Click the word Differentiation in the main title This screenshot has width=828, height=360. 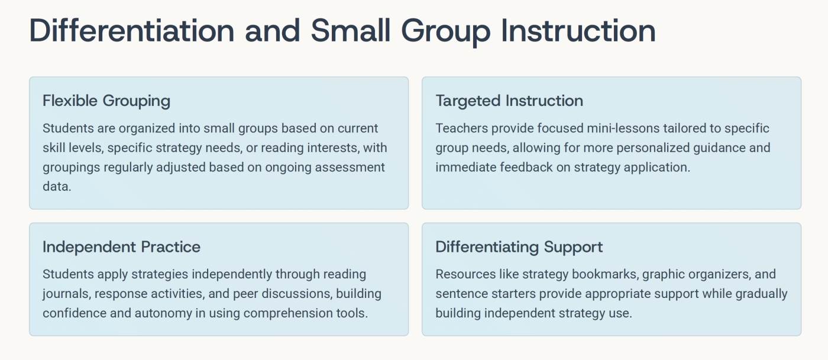pyautogui.click(x=131, y=30)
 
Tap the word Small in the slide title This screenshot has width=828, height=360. pyautogui.click(x=350, y=30)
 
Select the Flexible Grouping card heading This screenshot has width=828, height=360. pyautogui.click(x=106, y=101)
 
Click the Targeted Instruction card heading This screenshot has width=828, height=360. pyautogui.click(x=509, y=101)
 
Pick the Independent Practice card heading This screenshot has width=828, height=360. pyautogui.click(x=122, y=247)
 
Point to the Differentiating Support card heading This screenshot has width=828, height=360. pyautogui.click(x=519, y=247)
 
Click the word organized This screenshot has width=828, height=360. pyautogui.click(x=147, y=129)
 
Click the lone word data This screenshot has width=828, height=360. pyautogui.click(x=57, y=187)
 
